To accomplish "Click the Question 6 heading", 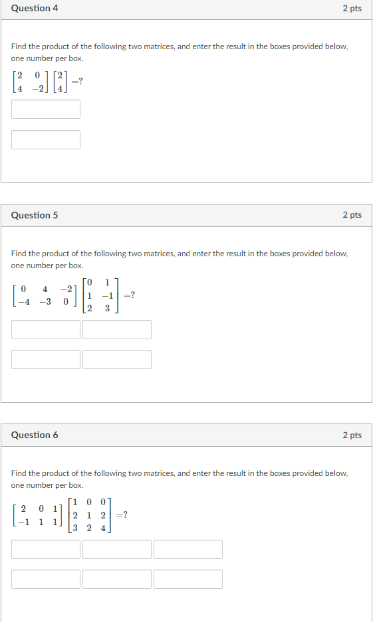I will tap(35, 435).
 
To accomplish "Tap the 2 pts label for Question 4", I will tap(352, 9).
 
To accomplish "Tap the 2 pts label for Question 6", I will tap(352, 435).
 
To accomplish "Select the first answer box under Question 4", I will tap(46, 110).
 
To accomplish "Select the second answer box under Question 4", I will tap(46, 139).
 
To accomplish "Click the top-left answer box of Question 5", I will tap(46, 329).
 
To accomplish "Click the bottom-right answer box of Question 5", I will tap(117, 359).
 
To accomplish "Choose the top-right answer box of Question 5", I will tap(117, 329).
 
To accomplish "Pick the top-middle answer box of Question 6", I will tap(117, 549).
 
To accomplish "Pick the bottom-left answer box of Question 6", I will tap(46, 579).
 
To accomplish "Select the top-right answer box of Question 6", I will tap(188, 549).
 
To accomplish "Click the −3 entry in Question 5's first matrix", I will tap(45, 301).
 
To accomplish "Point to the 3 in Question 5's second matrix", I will tap(106, 308).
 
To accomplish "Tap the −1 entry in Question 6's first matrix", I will tap(23, 521).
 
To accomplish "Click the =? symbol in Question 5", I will tap(130, 295).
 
